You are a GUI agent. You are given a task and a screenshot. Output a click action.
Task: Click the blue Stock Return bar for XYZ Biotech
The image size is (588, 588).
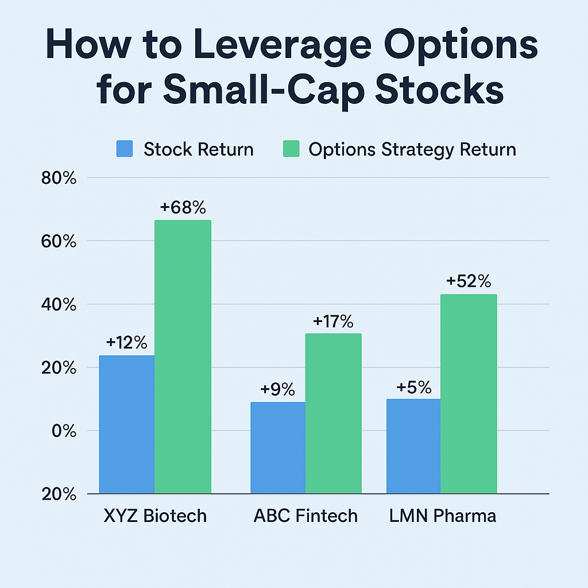click(x=127, y=424)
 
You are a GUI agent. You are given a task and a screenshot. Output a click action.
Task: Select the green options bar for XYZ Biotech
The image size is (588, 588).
click(x=183, y=356)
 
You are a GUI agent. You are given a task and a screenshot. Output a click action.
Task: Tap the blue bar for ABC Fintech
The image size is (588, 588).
click(x=278, y=447)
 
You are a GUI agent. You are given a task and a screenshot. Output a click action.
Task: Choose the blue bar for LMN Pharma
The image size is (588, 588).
click(x=413, y=446)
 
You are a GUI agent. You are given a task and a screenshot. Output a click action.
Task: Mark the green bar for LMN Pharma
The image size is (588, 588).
click(x=469, y=393)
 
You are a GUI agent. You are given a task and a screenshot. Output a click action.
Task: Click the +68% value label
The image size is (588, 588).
click(x=183, y=207)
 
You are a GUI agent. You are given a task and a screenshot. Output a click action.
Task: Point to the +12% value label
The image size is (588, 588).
click(x=127, y=343)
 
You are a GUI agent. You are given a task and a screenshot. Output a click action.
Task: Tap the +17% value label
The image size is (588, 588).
click(x=333, y=321)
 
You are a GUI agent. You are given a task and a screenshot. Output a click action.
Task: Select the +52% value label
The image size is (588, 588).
click(x=469, y=281)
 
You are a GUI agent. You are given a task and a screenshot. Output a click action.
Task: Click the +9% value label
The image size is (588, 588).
click(x=277, y=389)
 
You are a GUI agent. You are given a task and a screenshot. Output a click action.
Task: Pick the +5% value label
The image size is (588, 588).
click(x=413, y=387)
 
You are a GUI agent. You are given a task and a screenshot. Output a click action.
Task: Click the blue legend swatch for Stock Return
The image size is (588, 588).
click(x=125, y=149)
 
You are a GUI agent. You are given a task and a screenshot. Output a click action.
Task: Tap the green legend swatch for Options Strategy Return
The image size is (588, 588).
click(x=291, y=149)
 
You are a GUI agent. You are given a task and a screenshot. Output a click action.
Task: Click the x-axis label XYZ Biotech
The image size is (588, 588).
click(x=155, y=515)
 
